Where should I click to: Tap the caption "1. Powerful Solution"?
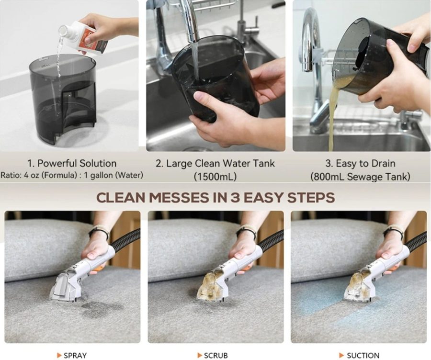(x=72, y=163)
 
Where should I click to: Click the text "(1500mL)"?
(x=215, y=177)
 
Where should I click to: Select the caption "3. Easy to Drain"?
(x=360, y=164)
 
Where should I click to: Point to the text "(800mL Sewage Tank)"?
(x=360, y=177)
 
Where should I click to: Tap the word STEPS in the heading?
(x=311, y=198)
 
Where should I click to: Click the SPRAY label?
(x=75, y=355)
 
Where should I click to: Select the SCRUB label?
(x=216, y=355)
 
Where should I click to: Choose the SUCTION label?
(x=363, y=355)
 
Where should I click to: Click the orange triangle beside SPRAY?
(x=59, y=355)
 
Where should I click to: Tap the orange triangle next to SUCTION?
(x=341, y=355)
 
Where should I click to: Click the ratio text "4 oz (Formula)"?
(x=50, y=175)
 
